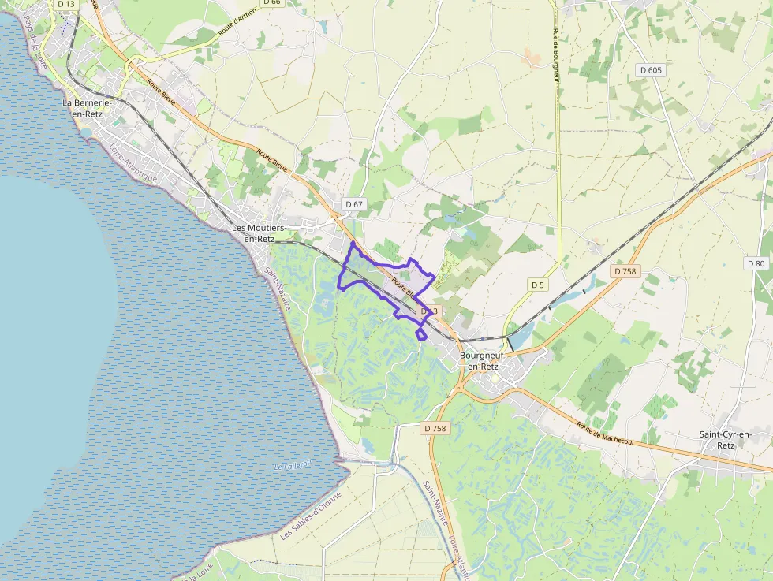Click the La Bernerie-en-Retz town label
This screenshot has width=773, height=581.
click(89, 109)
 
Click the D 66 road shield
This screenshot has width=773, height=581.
click(271, 2)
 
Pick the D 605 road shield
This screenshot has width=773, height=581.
click(652, 70)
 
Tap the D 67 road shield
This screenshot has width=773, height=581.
click(354, 205)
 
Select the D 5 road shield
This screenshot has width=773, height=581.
click(537, 285)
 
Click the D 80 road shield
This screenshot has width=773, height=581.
click(756, 263)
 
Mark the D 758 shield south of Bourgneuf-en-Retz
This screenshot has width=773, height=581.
click(435, 429)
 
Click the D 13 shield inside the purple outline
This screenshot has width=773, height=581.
click(428, 311)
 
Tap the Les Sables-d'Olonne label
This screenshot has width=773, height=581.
click(312, 516)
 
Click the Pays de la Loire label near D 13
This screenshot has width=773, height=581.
click(36, 43)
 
